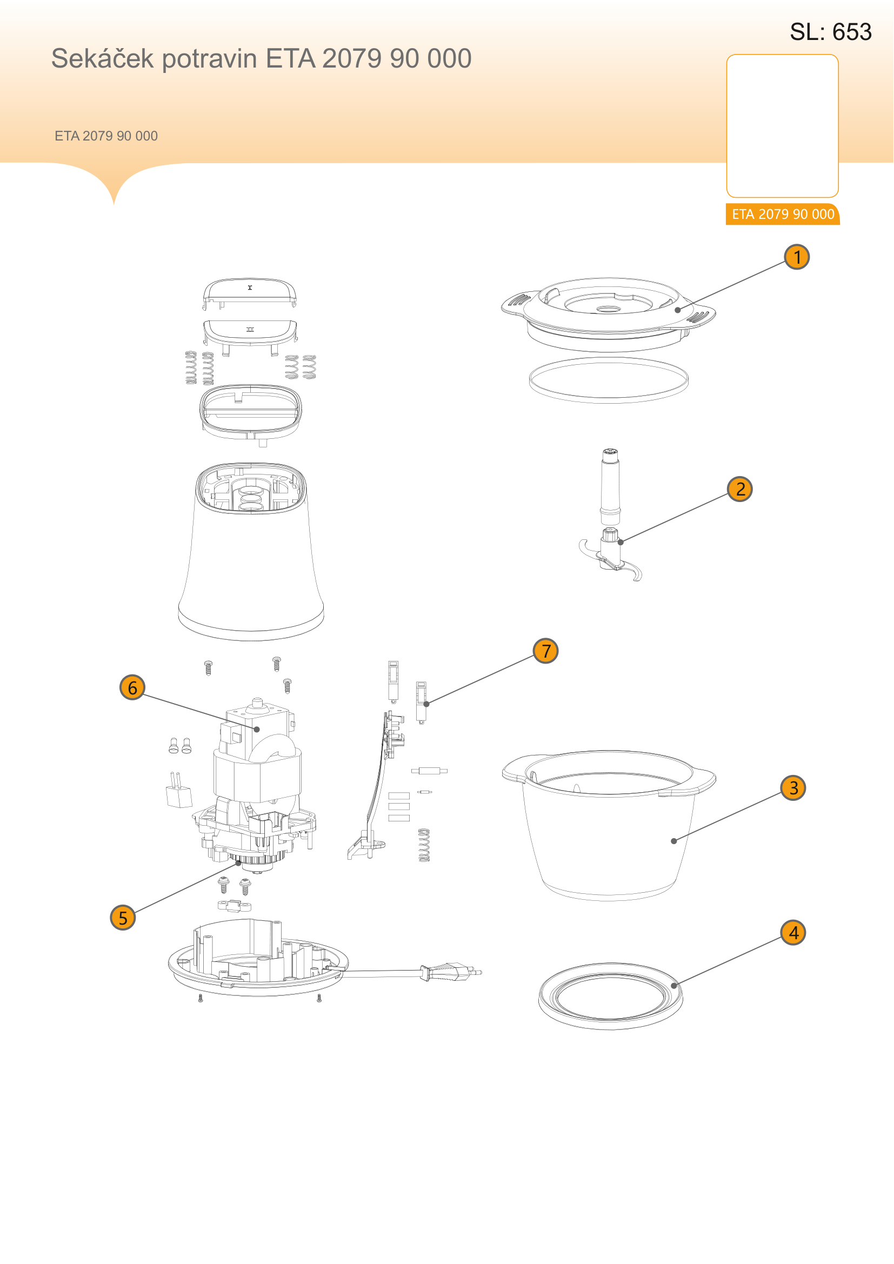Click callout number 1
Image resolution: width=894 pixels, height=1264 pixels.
[797, 257]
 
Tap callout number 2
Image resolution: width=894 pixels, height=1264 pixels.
[740, 489]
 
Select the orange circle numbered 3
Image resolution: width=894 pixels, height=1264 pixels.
[793, 788]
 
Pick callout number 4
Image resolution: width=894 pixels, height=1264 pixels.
[793, 933]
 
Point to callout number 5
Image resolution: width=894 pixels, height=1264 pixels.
[123, 918]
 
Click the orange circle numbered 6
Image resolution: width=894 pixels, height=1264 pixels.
[132, 687]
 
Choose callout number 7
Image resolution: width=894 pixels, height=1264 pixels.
[545, 651]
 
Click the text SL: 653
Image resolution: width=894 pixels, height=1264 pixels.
[831, 32]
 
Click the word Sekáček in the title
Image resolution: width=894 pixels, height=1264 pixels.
[102, 58]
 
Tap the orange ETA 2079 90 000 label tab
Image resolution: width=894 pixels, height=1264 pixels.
[782, 214]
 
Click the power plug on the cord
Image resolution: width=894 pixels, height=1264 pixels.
[450, 973]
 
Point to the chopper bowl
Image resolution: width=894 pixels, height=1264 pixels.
[608, 825]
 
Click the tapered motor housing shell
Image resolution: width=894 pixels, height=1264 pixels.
[250, 551]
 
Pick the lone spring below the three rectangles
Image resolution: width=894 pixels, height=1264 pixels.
[424, 845]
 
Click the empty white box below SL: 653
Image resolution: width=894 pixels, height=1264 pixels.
[782, 125]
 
